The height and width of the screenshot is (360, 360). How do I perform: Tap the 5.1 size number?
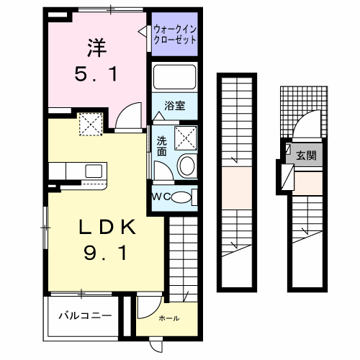(x=98, y=73)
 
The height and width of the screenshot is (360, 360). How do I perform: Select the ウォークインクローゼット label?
(x=175, y=35)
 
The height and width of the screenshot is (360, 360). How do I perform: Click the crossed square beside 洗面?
(x=184, y=135)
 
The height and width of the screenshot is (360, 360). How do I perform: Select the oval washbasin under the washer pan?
(x=186, y=166)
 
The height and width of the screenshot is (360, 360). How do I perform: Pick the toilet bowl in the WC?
(x=184, y=197)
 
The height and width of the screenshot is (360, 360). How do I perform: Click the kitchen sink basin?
(x=94, y=171)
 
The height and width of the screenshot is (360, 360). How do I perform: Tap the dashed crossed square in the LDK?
(x=90, y=125)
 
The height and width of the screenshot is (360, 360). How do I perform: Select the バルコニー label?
(x=84, y=316)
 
